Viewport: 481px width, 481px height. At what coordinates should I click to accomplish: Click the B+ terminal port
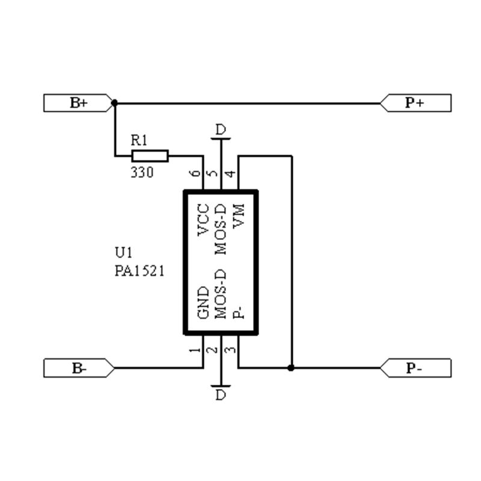[79, 103]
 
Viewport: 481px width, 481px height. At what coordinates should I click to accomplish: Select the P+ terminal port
[415, 103]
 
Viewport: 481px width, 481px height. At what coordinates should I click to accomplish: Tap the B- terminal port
[79, 368]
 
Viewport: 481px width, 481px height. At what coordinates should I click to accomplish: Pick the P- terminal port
[415, 368]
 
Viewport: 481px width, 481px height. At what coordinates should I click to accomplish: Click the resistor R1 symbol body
[150, 156]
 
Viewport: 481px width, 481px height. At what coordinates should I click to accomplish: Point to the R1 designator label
[139, 140]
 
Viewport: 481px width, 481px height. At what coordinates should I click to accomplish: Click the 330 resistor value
[142, 172]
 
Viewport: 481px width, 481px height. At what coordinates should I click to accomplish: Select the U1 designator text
[124, 253]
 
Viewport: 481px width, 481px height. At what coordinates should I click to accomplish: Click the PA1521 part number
[139, 271]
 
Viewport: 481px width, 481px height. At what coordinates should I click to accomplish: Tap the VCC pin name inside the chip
[203, 219]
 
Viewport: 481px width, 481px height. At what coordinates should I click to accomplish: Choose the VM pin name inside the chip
[239, 216]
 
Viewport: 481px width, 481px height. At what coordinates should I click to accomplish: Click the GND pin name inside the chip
[203, 302]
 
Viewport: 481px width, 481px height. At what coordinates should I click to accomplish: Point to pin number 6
[195, 173]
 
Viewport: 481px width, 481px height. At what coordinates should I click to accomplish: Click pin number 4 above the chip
[230, 174]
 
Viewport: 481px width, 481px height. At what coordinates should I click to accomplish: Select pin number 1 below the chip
[195, 350]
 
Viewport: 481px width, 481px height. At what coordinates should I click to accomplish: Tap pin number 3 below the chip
[230, 350]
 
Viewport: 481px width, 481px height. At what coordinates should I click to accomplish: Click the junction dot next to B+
[114, 103]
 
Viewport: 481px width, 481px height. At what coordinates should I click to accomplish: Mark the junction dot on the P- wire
[291, 368]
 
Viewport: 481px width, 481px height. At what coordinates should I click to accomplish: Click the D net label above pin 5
[221, 129]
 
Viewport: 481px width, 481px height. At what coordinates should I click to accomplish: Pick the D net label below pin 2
[221, 394]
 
